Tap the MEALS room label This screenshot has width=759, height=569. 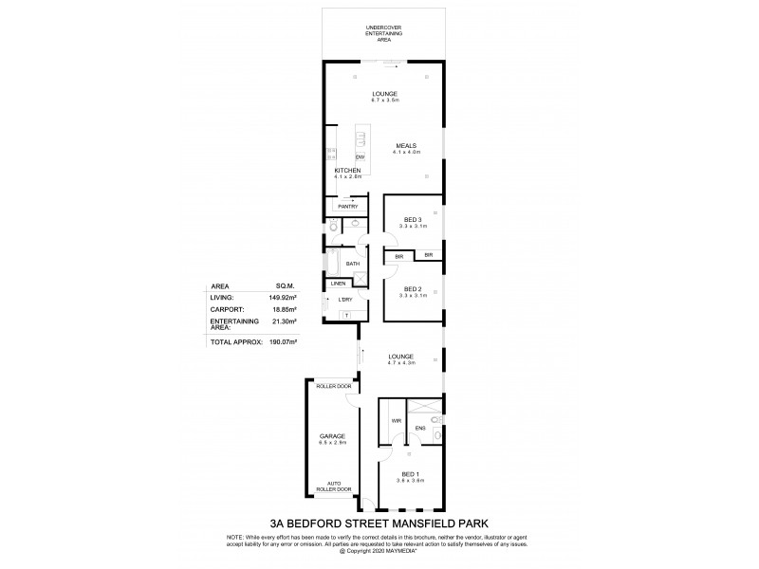coord(407,146)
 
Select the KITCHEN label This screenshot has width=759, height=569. coord(348,171)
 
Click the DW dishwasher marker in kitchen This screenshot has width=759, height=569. coord(361,156)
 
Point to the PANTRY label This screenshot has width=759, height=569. coord(347,206)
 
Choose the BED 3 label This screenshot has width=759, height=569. coord(413,221)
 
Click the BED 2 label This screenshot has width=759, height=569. coord(413,288)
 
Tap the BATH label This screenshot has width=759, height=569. coord(352,264)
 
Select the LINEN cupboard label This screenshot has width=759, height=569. coord(338,284)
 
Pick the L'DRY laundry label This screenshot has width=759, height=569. coord(345,300)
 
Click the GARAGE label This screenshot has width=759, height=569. coord(331,435)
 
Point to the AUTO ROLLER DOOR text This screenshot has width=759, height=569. coord(339,486)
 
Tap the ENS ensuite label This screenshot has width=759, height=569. coord(420,428)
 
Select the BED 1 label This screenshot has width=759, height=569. coord(412,475)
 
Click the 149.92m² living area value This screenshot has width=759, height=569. coord(283,296)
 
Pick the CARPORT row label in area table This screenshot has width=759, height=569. coord(228,308)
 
